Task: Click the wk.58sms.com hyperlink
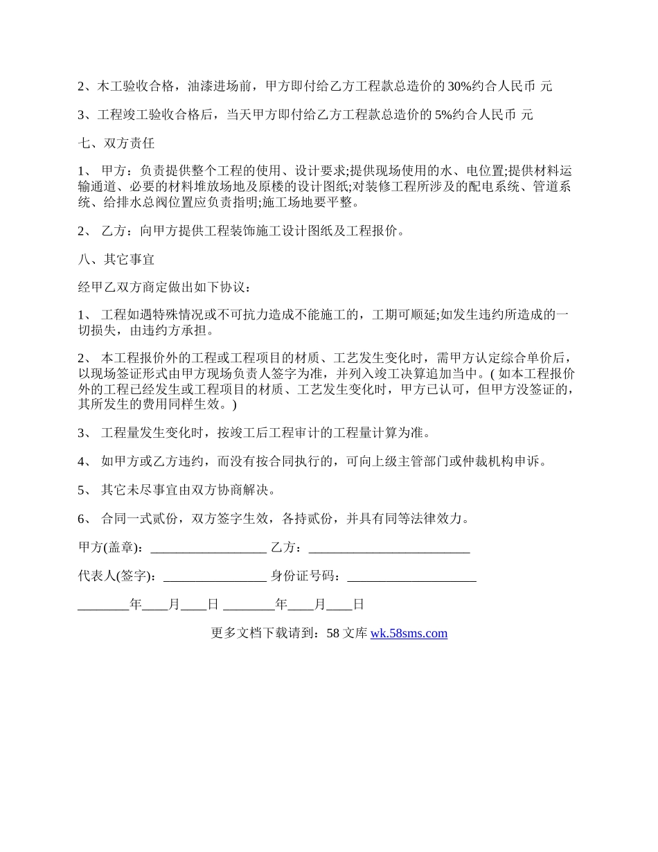[409, 633]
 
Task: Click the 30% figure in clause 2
[461, 87]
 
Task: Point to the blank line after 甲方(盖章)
[208, 548]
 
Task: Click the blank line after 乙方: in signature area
[389, 548]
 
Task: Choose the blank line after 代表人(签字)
[215, 576]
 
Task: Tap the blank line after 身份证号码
[411, 576]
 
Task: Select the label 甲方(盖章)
[111, 548]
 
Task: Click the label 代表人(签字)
[116, 576]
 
